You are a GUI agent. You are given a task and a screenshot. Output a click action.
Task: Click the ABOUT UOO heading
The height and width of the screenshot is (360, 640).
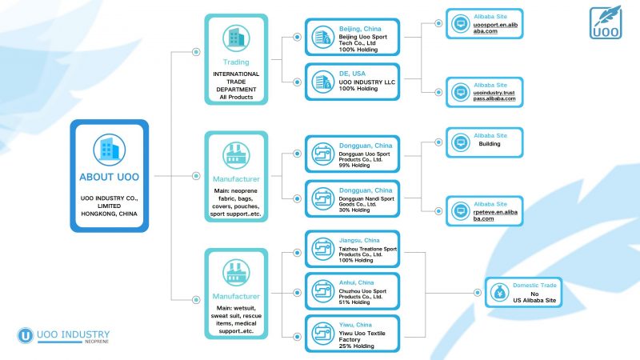pos(109,177)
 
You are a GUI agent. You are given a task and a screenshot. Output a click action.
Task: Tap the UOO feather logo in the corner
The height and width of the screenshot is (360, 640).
pos(606,22)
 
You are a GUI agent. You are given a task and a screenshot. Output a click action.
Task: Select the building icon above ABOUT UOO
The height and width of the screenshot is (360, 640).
pos(109,150)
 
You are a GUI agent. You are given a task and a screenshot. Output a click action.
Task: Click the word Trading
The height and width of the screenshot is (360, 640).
pos(236,62)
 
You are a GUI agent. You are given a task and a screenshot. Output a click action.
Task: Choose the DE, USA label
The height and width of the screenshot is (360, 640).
pos(352,74)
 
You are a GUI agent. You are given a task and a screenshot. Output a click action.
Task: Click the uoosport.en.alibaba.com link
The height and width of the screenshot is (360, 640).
pos(495,28)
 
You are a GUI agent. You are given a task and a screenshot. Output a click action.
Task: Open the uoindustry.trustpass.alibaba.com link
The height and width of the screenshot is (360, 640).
pos(494,95)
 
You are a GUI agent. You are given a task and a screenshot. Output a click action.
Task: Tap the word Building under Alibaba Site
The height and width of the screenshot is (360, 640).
pos(490,144)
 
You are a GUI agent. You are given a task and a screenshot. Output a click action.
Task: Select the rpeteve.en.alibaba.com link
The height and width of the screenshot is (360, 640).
pos(495,215)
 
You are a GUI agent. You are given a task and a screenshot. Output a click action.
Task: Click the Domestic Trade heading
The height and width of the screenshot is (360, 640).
pos(534,286)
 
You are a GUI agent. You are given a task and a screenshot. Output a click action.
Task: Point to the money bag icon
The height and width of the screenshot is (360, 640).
pos(499,292)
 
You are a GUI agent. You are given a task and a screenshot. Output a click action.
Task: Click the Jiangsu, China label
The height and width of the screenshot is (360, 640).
pos(359,241)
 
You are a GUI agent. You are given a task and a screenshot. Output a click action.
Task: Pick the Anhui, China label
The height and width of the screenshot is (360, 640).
pos(356,282)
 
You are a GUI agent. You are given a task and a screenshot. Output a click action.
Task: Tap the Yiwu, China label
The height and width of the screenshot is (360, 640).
pos(355,325)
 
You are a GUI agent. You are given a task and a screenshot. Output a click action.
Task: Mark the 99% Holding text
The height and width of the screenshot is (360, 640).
pos(354,166)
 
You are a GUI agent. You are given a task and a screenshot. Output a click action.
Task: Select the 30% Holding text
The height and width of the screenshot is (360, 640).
pos(354,210)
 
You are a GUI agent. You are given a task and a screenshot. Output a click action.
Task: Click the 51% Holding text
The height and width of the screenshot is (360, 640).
pos(354,302)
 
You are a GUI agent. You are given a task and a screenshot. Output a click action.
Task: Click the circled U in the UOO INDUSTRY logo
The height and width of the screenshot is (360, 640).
pos(26,335)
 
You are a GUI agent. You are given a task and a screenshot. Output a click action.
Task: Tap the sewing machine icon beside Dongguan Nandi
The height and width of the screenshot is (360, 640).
pos(323,198)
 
